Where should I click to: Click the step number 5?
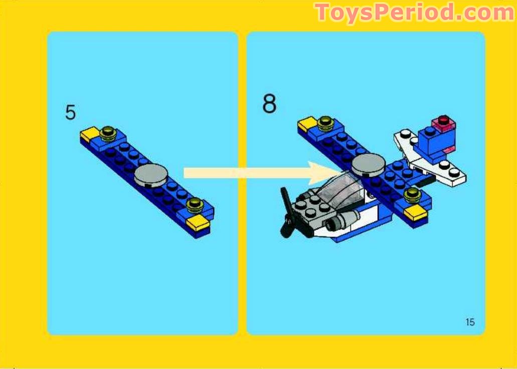tap(70, 112)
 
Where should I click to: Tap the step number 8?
tap(269, 104)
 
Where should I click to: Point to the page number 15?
tap(469, 322)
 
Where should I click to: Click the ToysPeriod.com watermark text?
tap(414, 12)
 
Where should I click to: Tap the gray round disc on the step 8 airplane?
tap(368, 163)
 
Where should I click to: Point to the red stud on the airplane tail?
tap(443, 120)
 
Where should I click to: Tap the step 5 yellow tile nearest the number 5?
tap(89, 134)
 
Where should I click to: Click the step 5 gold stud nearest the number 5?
tap(106, 133)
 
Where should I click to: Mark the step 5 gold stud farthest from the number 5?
tap(193, 204)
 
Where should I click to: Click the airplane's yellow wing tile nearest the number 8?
tap(307, 123)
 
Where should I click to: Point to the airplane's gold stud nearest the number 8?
tap(325, 121)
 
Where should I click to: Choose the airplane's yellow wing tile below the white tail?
tap(415, 212)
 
